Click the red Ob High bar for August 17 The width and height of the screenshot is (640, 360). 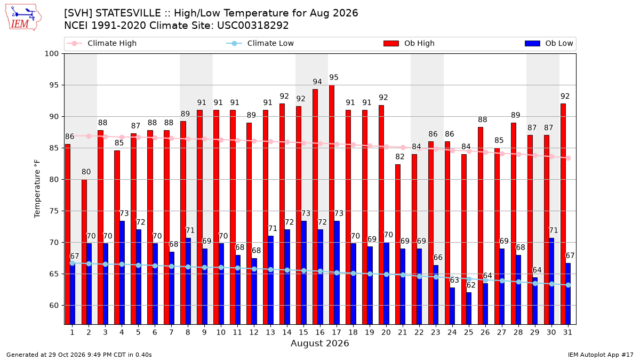332,205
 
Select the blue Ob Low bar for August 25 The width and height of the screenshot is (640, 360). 469,309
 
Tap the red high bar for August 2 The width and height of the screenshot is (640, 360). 84,252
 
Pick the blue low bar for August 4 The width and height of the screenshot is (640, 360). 122,273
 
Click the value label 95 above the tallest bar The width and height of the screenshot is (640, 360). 334,77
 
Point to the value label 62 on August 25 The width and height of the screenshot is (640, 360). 471,285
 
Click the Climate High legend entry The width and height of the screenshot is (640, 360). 102,43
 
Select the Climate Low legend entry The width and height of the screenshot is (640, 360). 260,43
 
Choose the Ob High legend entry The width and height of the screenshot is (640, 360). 409,43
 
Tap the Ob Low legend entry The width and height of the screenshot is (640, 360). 549,43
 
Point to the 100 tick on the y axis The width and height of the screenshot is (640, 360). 51,54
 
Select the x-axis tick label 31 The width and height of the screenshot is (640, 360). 567,332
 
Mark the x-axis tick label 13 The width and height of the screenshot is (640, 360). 270,332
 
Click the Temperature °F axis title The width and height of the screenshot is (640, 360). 37,189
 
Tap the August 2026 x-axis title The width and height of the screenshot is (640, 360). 319,343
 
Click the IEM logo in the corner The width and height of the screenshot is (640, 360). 23,18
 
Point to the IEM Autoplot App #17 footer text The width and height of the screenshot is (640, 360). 601,355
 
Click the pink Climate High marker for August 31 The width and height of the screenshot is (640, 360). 569,158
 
